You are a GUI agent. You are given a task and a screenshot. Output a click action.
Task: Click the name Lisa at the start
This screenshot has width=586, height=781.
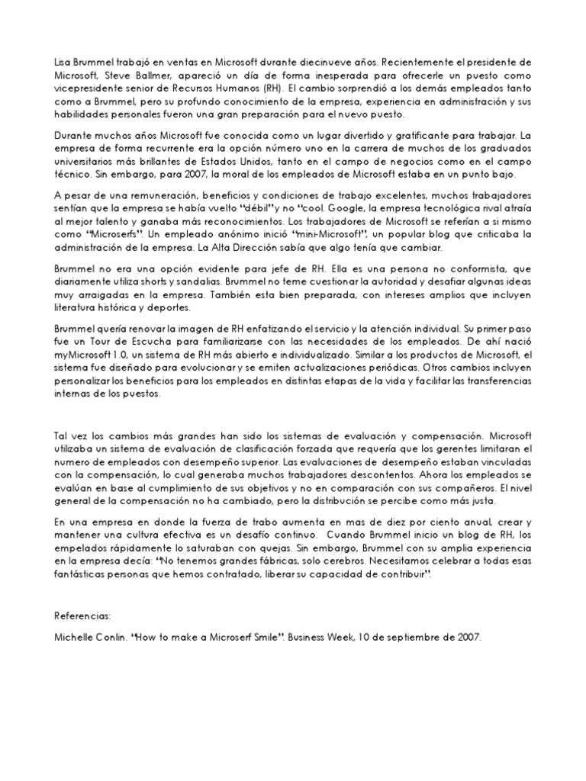65,60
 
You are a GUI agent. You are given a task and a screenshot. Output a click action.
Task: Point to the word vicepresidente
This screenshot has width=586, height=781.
90,88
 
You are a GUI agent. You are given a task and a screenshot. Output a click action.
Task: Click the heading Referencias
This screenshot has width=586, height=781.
82,615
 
